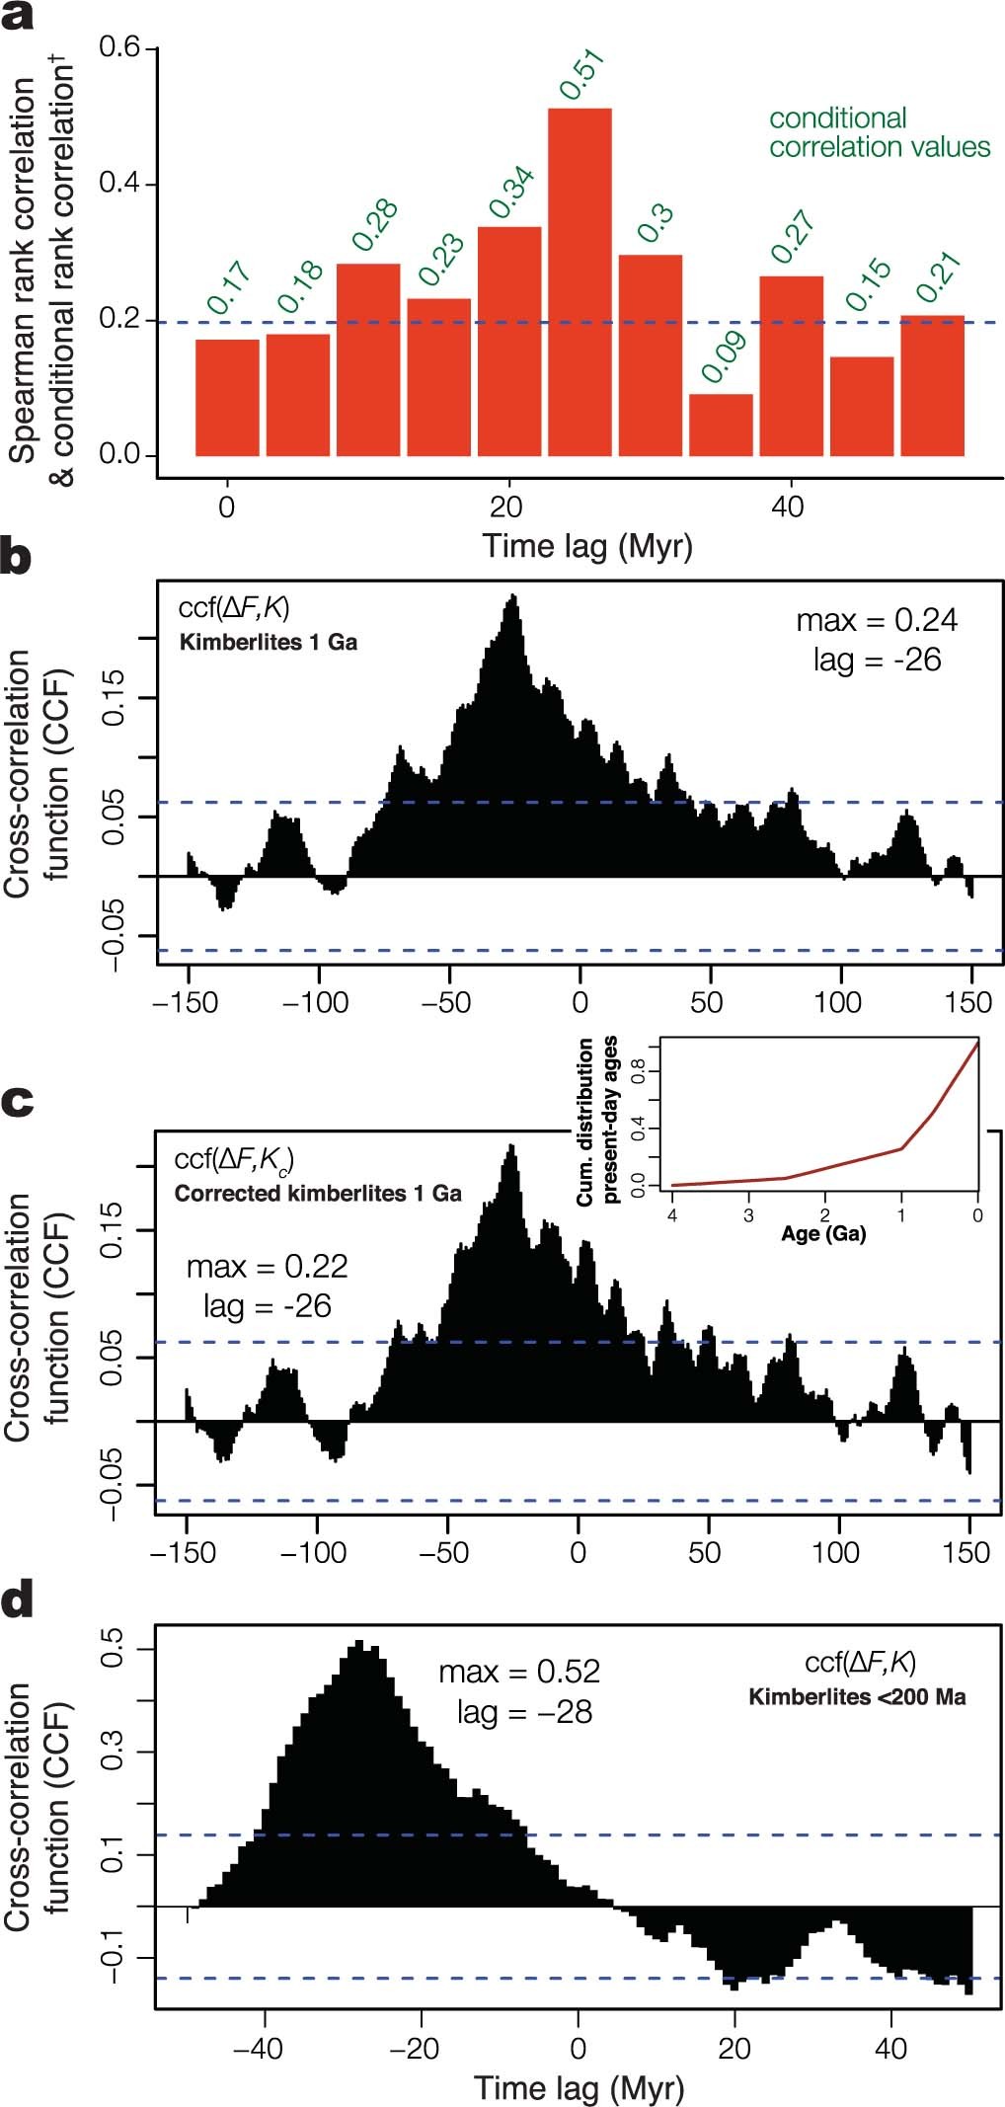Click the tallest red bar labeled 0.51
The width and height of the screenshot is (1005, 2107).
[x=580, y=281]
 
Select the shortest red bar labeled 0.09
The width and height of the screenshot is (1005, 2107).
[x=721, y=425]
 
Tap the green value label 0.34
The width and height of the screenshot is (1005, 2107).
[x=511, y=193]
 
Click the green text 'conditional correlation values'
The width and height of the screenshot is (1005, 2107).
[x=879, y=132]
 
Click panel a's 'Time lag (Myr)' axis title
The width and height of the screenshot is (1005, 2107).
[x=586, y=546]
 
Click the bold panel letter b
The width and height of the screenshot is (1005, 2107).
[x=16, y=557]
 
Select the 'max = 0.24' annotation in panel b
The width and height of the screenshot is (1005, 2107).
[x=877, y=620]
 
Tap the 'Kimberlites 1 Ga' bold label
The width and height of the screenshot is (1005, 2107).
[x=268, y=643]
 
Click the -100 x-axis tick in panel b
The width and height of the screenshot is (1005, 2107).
[x=316, y=1003]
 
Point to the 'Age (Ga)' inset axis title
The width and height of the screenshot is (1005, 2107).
[x=823, y=1233]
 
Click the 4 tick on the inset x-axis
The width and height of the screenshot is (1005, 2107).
[x=672, y=1215]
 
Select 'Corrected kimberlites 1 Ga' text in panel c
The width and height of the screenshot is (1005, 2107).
[x=318, y=1193]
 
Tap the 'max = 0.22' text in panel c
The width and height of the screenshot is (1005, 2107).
[x=267, y=1266]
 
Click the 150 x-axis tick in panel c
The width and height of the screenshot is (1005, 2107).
[x=966, y=1552]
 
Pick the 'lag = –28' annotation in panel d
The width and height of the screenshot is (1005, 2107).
[x=524, y=1711]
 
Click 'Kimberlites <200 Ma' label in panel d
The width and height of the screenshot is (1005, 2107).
[x=857, y=1697]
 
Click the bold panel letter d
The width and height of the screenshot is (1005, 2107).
[x=17, y=1600]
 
